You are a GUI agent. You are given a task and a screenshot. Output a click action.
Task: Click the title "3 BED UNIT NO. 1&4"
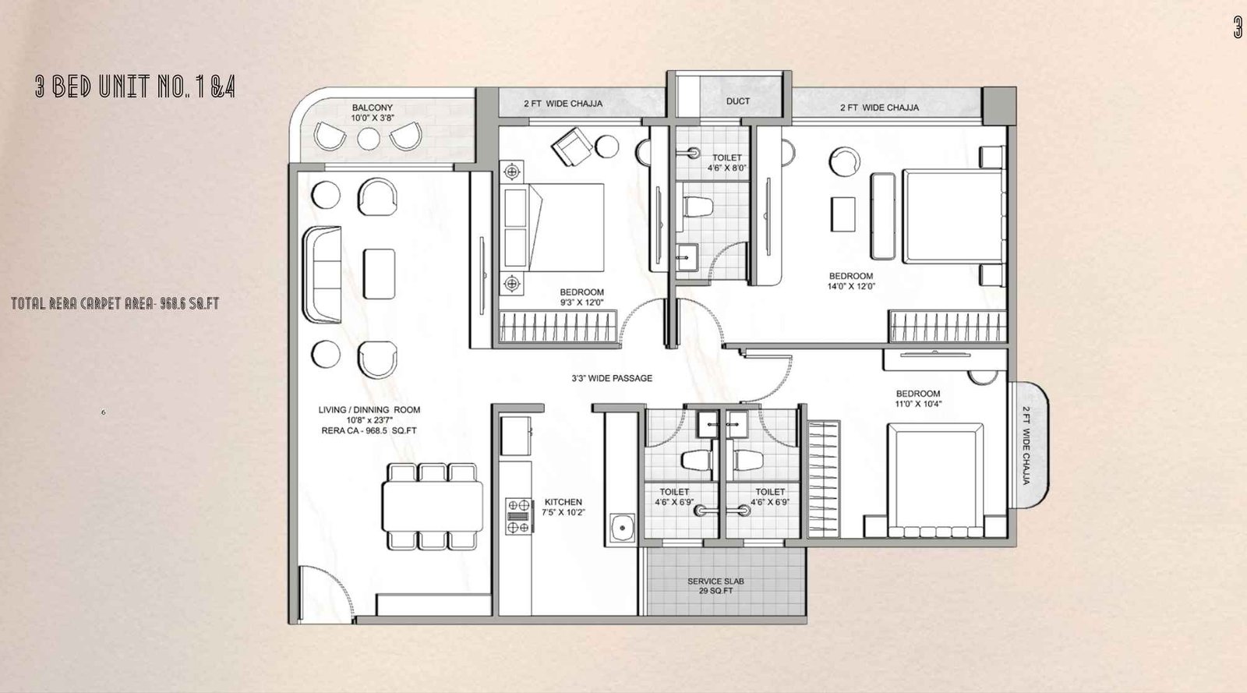click(135, 87)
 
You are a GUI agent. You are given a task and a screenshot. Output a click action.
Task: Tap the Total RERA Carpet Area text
click(115, 303)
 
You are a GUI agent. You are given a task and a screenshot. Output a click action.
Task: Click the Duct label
click(737, 101)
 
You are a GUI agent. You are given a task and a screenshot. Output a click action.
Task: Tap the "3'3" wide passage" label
click(611, 378)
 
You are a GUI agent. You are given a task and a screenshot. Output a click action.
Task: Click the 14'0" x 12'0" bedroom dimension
click(850, 286)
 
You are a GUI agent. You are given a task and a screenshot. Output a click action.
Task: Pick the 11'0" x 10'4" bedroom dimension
click(918, 404)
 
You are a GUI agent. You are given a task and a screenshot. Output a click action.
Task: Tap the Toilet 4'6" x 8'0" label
click(726, 162)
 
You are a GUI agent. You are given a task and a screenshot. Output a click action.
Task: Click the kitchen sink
click(623, 529)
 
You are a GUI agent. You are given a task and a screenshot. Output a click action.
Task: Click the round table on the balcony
click(368, 138)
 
